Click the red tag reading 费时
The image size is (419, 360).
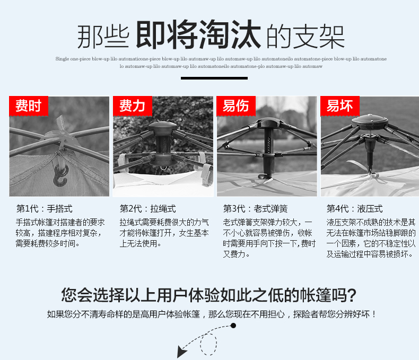pyautogui.click(x=28, y=106)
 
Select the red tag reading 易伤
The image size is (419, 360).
pyautogui.click(x=235, y=106)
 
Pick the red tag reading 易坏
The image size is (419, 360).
pyautogui.click(x=339, y=106)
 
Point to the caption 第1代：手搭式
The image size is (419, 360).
pyautogui.click(x=45, y=208)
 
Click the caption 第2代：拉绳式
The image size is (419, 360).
pyautogui.click(x=147, y=208)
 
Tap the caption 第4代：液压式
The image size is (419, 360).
pyautogui.click(x=354, y=208)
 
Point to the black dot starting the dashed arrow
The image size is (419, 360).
pyautogui.click(x=233, y=325)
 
